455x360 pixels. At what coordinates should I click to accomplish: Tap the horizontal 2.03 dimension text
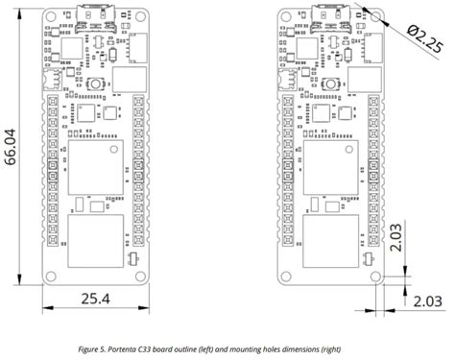(428, 300)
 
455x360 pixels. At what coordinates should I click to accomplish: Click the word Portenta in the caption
(147, 348)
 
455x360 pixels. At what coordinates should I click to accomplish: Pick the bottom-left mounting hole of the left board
(52, 276)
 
